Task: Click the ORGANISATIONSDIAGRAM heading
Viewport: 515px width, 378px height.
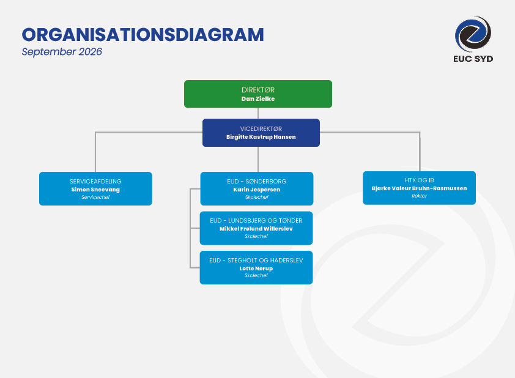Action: pyautogui.click(x=143, y=35)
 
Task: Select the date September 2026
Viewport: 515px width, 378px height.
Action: pyautogui.click(x=62, y=52)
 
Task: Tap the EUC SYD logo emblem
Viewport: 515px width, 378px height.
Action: pyautogui.click(x=473, y=34)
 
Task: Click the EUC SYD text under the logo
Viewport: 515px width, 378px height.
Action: pyautogui.click(x=473, y=59)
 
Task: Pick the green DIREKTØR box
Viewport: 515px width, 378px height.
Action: pyautogui.click(x=258, y=94)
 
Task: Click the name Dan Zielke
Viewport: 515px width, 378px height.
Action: pyautogui.click(x=258, y=99)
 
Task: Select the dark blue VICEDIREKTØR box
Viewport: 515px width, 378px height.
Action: pyautogui.click(x=261, y=133)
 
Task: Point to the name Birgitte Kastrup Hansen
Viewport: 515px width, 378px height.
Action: pyautogui.click(x=261, y=137)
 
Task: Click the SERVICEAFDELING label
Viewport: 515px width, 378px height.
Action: pyautogui.click(x=95, y=181)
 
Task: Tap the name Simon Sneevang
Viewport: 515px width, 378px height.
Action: pyautogui.click(x=95, y=190)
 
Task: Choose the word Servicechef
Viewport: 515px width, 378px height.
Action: pyautogui.click(x=95, y=197)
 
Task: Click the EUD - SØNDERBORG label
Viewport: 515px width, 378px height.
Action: pyautogui.click(x=256, y=181)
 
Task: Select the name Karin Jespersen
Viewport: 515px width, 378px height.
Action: pyautogui.click(x=256, y=190)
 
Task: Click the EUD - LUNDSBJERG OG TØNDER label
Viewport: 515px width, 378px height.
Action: pyautogui.click(x=256, y=221)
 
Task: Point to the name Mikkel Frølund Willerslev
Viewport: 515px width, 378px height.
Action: pyautogui.click(x=256, y=229)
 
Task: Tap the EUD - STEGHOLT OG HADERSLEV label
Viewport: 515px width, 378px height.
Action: pyautogui.click(x=256, y=261)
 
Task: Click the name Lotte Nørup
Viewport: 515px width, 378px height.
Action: pyautogui.click(x=256, y=269)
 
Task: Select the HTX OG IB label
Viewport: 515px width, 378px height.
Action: pyautogui.click(x=419, y=180)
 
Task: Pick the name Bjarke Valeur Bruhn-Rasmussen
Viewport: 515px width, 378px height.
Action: pyautogui.click(x=419, y=188)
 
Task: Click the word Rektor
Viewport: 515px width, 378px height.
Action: pyautogui.click(x=419, y=196)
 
